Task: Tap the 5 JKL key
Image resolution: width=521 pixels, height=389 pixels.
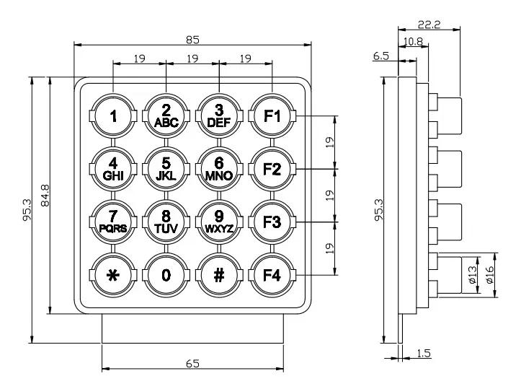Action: [166, 169]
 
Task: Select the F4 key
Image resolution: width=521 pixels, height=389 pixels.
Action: [272, 275]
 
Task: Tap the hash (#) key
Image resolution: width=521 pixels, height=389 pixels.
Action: [219, 275]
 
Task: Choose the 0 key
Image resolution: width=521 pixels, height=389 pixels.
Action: [166, 275]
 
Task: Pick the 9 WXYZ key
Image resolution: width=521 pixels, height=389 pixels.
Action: [219, 222]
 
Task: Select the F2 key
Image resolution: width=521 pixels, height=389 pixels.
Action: [272, 169]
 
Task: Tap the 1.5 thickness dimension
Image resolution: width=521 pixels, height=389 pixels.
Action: [424, 353]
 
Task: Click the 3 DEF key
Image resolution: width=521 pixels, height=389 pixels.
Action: [219, 115]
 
